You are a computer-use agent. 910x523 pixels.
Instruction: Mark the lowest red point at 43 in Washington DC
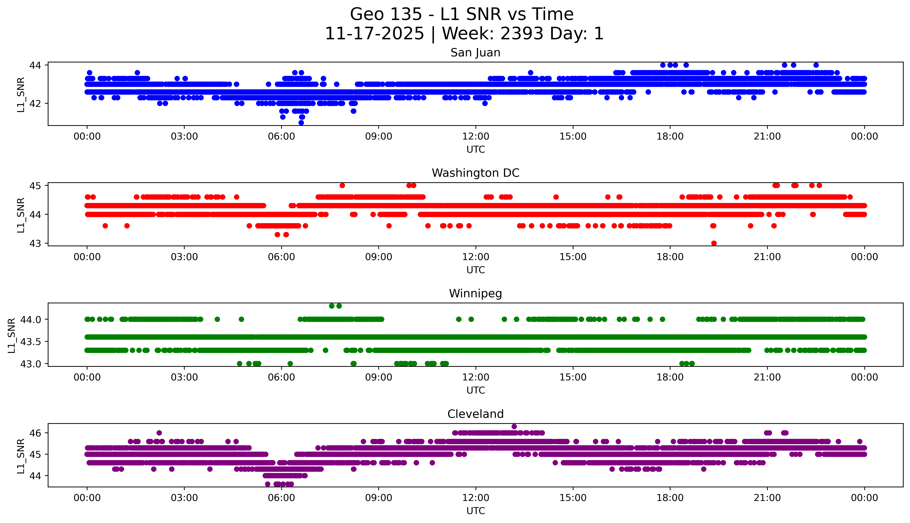[x=714, y=243]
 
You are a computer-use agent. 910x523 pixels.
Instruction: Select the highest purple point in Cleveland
[x=514, y=426]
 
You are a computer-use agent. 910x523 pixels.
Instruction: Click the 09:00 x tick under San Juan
[x=378, y=137]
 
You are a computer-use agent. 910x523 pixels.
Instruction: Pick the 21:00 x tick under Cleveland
[x=767, y=498]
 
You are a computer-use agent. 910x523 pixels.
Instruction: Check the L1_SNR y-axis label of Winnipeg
[x=12, y=335]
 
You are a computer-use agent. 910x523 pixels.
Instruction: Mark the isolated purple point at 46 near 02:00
[x=159, y=433]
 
